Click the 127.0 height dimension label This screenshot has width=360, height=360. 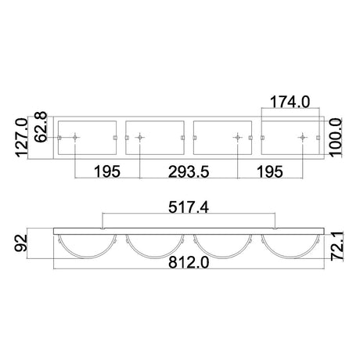pos(22,138)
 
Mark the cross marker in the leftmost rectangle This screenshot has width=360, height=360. pos(74,139)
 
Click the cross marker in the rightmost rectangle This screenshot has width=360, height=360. pos(301,139)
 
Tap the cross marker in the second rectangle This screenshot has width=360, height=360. pos(139,139)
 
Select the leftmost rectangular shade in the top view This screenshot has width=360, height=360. pos(88,139)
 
